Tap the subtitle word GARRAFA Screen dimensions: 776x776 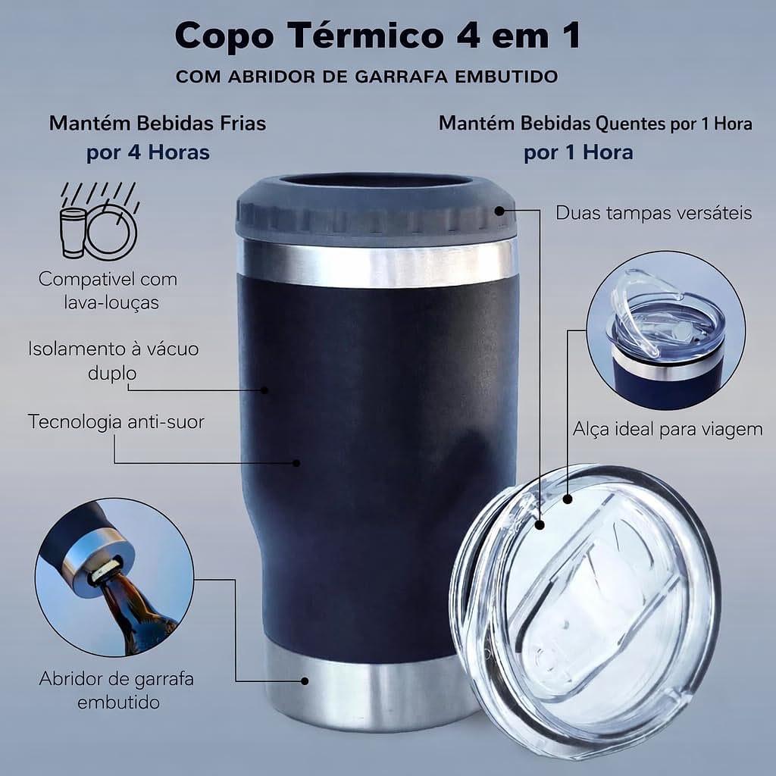tap(399, 77)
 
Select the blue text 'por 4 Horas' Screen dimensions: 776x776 tap(148, 152)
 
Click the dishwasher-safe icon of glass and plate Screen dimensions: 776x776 tap(99, 221)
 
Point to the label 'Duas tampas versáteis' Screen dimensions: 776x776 tap(654, 213)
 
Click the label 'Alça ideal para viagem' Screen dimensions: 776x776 tap(668, 429)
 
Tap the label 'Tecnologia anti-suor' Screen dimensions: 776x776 tap(116, 421)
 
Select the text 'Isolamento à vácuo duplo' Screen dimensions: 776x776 tap(114, 361)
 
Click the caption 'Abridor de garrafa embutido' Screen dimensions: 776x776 tap(116, 690)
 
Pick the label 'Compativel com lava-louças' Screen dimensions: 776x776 tap(108, 290)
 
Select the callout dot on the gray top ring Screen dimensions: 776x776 tap(499, 211)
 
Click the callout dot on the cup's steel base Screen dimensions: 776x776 tap(305, 681)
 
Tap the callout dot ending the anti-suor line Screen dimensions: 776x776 tap(296, 463)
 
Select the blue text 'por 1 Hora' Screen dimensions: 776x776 tap(578, 152)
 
